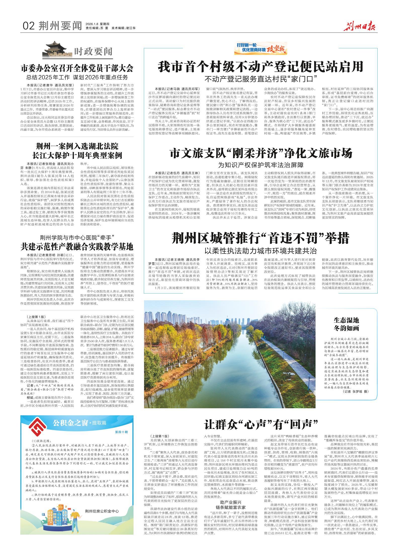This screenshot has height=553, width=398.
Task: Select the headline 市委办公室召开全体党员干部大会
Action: coord(77,68)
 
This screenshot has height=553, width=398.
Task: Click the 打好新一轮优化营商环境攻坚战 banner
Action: coord(260,48)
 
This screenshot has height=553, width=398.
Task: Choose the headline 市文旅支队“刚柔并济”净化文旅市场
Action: coord(261,153)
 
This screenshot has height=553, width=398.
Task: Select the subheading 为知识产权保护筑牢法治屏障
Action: coord(261,165)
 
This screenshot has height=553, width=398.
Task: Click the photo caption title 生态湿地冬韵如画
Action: coord(346,324)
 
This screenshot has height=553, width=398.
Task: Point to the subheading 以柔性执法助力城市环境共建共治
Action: coord(260,251)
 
